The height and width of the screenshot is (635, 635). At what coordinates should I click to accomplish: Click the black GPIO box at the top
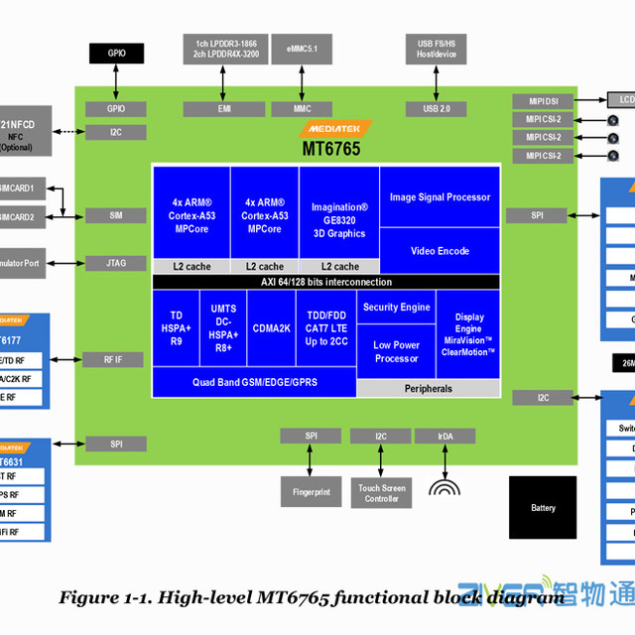(117, 53)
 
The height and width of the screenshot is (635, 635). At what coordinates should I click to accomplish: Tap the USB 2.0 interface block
(436, 109)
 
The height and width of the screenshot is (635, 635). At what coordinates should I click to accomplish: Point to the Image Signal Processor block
(440, 196)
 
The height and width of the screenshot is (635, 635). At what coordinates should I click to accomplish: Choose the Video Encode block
(440, 251)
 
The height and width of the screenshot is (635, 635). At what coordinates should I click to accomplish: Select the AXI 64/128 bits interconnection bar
(325, 282)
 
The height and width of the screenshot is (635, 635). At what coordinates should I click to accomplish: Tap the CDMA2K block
(270, 327)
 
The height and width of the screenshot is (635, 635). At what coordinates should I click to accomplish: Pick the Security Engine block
(396, 308)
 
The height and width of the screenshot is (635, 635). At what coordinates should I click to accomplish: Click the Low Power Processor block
(396, 351)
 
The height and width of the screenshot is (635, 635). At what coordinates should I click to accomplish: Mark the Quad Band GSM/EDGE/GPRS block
(254, 382)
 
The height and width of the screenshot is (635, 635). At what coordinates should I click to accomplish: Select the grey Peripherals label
(428, 389)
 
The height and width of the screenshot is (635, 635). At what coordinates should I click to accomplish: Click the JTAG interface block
(116, 263)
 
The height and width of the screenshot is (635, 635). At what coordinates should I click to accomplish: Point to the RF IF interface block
(116, 359)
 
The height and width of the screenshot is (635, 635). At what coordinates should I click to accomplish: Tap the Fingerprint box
(312, 492)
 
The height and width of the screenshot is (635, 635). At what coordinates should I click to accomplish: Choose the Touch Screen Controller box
(381, 492)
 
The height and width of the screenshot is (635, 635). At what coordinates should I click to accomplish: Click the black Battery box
(543, 508)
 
